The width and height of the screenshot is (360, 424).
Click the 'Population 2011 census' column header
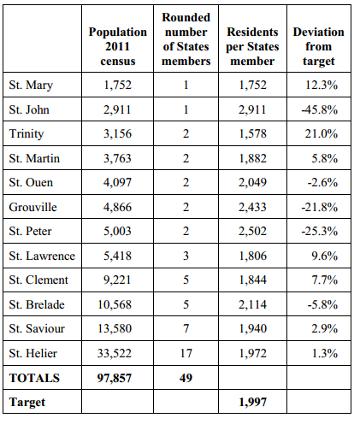[x=118, y=46]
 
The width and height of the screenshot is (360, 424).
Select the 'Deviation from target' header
[x=319, y=46]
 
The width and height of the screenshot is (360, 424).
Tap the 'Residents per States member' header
[x=252, y=46]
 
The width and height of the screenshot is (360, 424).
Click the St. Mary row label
[x=31, y=85]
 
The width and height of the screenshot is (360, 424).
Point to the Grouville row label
[x=32, y=207]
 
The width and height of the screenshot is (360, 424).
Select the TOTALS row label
[x=34, y=378]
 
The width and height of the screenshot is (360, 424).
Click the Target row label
[x=27, y=402]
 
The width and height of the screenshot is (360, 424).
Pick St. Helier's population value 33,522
[x=115, y=353]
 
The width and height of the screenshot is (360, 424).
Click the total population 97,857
[x=115, y=378]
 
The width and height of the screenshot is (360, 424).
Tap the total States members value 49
[x=186, y=378]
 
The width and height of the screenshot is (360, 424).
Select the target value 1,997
[x=252, y=402]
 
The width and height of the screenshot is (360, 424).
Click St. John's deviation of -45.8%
[x=320, y=109]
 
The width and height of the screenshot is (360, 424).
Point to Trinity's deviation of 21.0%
[x=322, y=133]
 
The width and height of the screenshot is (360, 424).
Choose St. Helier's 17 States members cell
[x=186, y=353]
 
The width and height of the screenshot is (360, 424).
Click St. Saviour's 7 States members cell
[x=186, y=328]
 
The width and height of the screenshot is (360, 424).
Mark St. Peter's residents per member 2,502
[x=252, y=231]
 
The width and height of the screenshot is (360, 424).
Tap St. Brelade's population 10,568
[x=115, y=304]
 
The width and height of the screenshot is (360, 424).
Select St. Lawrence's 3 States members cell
[x=186, y=256]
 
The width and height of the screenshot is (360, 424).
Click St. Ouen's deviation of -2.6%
[x=322, y=182]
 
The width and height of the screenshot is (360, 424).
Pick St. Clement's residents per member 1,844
[x=252, y=280]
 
